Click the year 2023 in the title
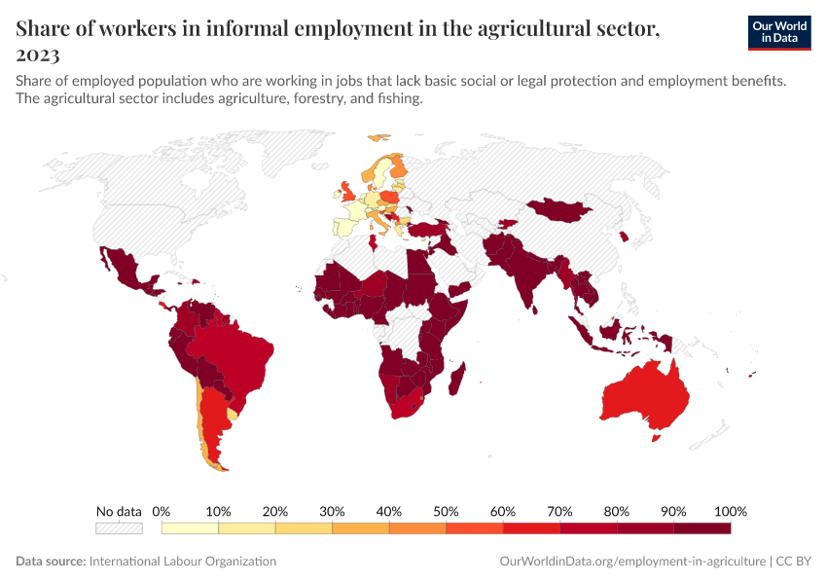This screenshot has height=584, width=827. point(37,55)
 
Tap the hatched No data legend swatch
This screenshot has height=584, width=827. point(119,529)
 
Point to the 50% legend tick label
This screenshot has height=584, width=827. point(446,512)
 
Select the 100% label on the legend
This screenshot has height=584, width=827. point(730,512)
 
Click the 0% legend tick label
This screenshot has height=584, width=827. point(162,512)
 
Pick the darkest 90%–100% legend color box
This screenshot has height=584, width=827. point(701,529)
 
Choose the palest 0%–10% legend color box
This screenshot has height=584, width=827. point(190,529)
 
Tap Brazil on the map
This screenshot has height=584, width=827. point(234,350)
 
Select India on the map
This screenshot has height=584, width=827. point(525,268)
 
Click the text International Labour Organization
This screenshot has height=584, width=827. point(183,562)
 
